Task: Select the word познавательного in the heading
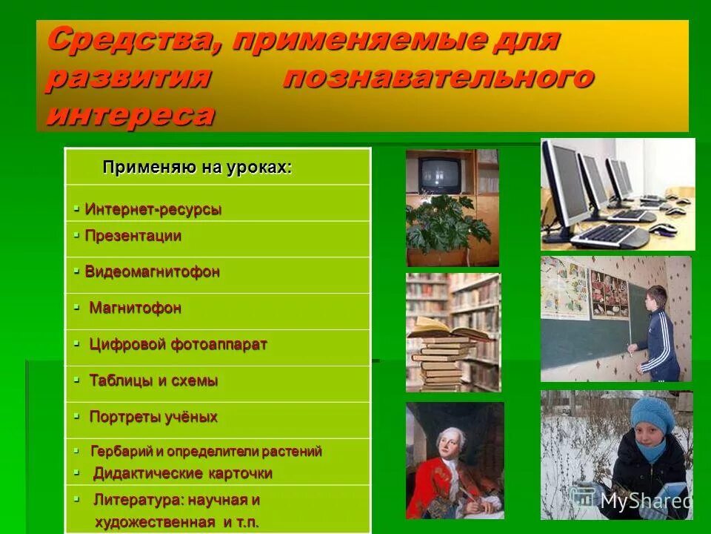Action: pyautogui.click(x=438, y=77)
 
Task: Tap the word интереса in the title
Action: pyautogui.click(x=131, y=114)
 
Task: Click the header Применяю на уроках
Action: pyautogui.click(x=197, y=168)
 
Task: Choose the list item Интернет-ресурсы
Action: pyautogui.click(x=153, y=209)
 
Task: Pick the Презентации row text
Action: pyautogui.click(x=133, y=236)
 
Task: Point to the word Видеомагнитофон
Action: pyautogui.click(x=153, y=271)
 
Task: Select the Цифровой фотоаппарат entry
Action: pyautogui.click(x=178, y=344)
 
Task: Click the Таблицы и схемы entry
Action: pyautogui.click(x=153, y=380)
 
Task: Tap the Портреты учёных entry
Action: pyautogui.click(x=153, y=416)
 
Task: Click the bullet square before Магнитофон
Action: pyautogui.click(x=76, y=306)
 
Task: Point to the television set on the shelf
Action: pyautogui.click(x=440, y=173)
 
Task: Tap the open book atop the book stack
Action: pyautogui.click(x=444, y=328)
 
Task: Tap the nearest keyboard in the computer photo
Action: pyautogui.click(x=610, y=235)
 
